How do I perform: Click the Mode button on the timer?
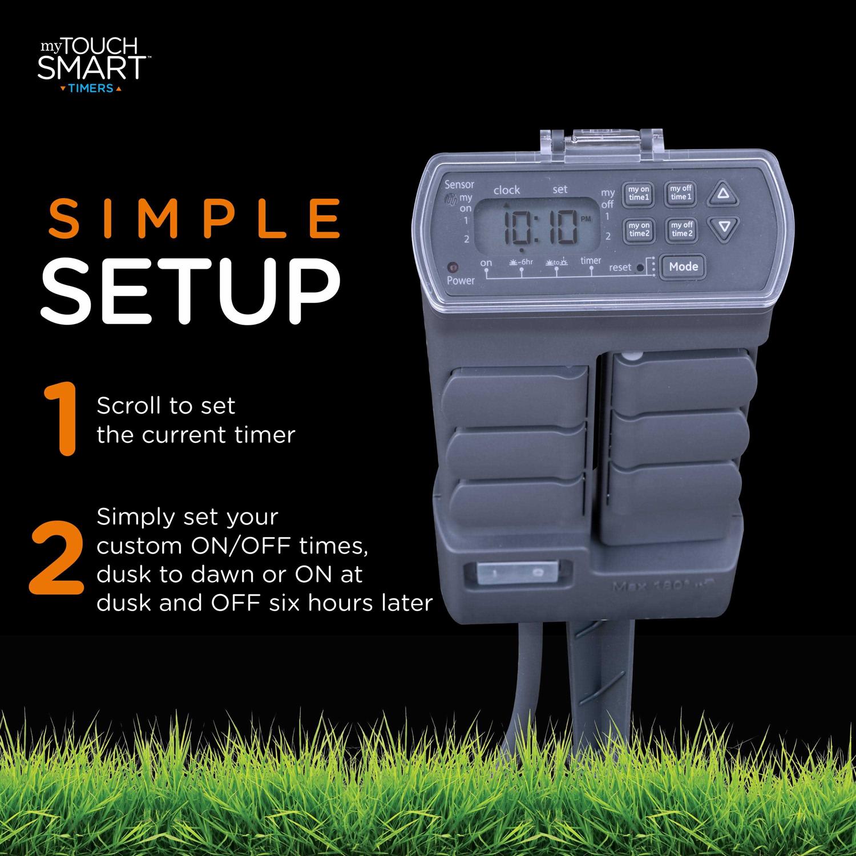point(683,267)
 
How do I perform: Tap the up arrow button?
point(724,193)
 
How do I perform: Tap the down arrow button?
point(724,228)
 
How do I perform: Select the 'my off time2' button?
point(681,229)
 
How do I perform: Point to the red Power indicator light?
point(453,267)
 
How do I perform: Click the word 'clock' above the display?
point(506,190)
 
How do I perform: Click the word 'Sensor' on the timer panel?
point(459,184)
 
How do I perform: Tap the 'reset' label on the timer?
point(620,267)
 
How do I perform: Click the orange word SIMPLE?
point(195,219)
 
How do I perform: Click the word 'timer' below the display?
point(591,261)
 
